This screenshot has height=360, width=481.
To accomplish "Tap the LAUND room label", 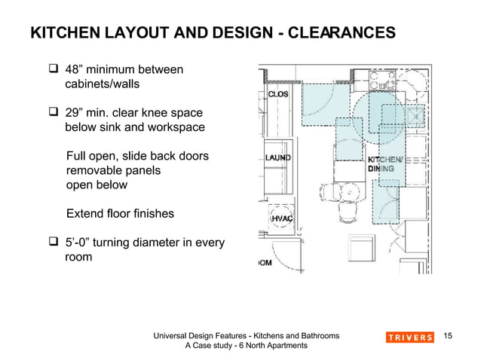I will click(x=277, y=157).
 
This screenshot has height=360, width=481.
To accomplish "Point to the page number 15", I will click(x=450, y=336).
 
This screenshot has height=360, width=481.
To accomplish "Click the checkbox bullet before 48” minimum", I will click(x=54, y=70).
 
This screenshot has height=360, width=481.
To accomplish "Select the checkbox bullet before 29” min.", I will click(x=54, y=113).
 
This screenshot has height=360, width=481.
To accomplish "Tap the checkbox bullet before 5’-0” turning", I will click(x=54, y=243).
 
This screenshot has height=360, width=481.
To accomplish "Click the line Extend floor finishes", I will click(x=120, y=214).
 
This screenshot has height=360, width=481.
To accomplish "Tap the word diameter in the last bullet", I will click(x=156, y=243).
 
